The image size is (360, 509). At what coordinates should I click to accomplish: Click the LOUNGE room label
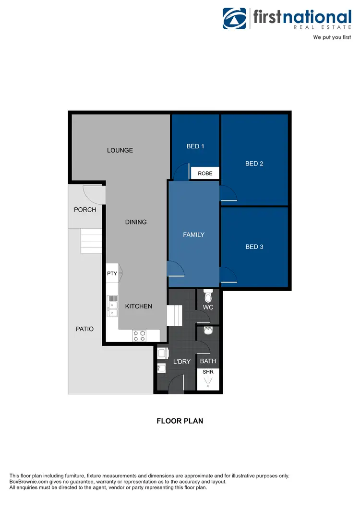[x=120, y=150]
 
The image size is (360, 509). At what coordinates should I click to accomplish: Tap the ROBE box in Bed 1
[x=205, y=173]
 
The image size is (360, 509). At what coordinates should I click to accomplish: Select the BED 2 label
[x=254, y=164]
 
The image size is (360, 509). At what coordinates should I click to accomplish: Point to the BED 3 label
[x=254, y=247]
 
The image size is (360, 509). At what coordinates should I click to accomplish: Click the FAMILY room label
[x=193, y=235]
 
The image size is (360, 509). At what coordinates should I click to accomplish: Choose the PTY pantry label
[x=112, y=273]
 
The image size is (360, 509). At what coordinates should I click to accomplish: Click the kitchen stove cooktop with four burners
[x=139, y=336]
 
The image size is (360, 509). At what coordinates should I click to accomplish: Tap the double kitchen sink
[x=112, y=306]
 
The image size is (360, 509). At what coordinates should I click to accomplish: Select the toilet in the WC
[x=208, y=296]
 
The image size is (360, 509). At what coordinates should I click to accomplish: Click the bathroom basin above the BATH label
[x=208, y=331]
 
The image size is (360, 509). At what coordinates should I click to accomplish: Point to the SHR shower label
[x=208, y=371]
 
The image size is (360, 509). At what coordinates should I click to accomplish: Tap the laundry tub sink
[x=162, y=368]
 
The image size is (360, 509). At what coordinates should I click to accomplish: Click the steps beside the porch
[x=91, y=241]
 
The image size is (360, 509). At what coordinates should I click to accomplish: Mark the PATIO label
[x=84, y=329]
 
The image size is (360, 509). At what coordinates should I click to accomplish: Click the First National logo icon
[x=234, y=18]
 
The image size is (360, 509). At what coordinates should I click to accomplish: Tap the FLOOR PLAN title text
[x=180, y=421]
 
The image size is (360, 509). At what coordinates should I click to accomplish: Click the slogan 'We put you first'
[x=332, y=37]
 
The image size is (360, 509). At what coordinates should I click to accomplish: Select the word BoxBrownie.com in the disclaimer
[x=28, y=482]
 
